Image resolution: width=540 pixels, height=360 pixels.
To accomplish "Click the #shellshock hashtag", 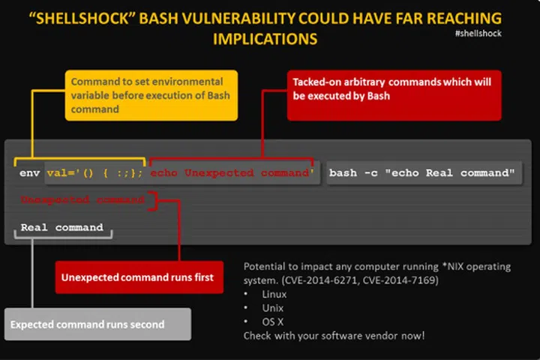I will (478, 34).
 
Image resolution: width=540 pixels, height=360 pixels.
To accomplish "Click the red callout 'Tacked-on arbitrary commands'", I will (393, 94).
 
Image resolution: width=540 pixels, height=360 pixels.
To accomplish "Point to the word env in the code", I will (29, 173).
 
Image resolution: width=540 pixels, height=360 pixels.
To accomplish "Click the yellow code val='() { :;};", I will (94, 173).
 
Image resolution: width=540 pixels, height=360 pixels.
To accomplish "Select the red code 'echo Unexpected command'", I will (231, 173).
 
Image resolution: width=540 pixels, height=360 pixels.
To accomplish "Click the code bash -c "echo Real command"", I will (422, 173).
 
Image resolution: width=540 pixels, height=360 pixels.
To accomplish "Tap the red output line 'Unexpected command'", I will (82, 200).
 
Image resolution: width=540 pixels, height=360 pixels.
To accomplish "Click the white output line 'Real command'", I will (61, 227).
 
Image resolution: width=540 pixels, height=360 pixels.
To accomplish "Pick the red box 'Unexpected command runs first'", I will (137, 277).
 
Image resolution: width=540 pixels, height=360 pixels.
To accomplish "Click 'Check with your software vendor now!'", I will (333, 335).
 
